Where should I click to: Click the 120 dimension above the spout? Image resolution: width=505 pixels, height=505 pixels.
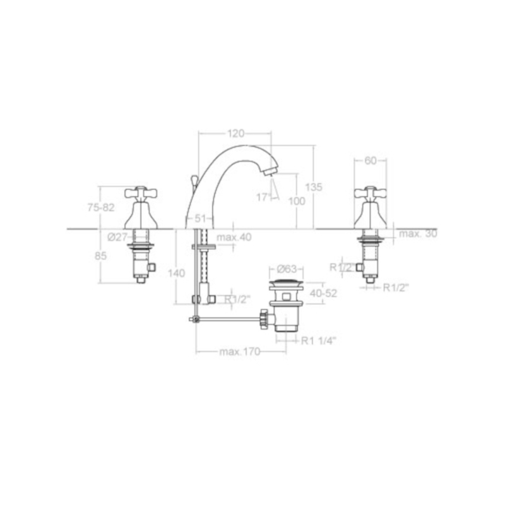click(x=235, y=133)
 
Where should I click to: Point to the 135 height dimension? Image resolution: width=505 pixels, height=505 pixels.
click(x=314, y=187)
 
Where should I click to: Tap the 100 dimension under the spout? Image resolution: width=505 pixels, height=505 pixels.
click(x=297, y=201)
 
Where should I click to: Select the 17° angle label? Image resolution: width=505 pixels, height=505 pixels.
click(x=263, y=197)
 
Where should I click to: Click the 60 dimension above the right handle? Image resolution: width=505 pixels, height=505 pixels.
click(x=371, y=160)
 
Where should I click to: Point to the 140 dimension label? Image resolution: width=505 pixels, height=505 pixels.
click(x=177, y=273)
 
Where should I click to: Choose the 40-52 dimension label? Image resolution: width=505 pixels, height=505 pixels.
click(x=323, y=294)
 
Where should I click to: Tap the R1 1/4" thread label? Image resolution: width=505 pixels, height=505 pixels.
click(x=319, y=340)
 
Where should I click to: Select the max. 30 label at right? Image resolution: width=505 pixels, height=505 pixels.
click(x=418, y=233)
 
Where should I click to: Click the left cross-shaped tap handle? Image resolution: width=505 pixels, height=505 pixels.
click(x=140, y=193)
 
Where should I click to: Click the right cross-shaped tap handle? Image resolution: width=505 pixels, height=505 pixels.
click(x=371, y=193)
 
